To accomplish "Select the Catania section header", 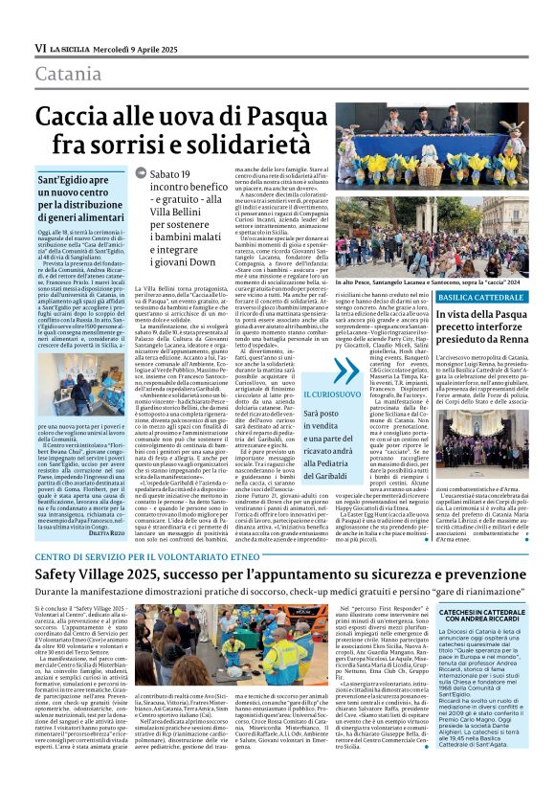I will [69, 73].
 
